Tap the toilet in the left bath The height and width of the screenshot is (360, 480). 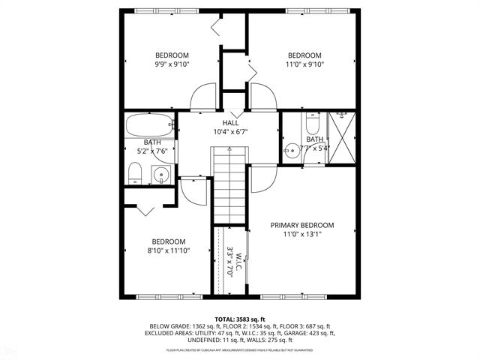136,175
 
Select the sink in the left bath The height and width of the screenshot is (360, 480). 160,176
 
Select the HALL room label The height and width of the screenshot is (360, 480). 230,123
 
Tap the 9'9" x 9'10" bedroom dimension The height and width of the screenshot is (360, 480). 172,64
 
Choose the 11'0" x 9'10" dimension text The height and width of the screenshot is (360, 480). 305,64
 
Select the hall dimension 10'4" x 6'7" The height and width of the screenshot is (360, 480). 230,132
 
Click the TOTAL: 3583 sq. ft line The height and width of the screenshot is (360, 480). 240,319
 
